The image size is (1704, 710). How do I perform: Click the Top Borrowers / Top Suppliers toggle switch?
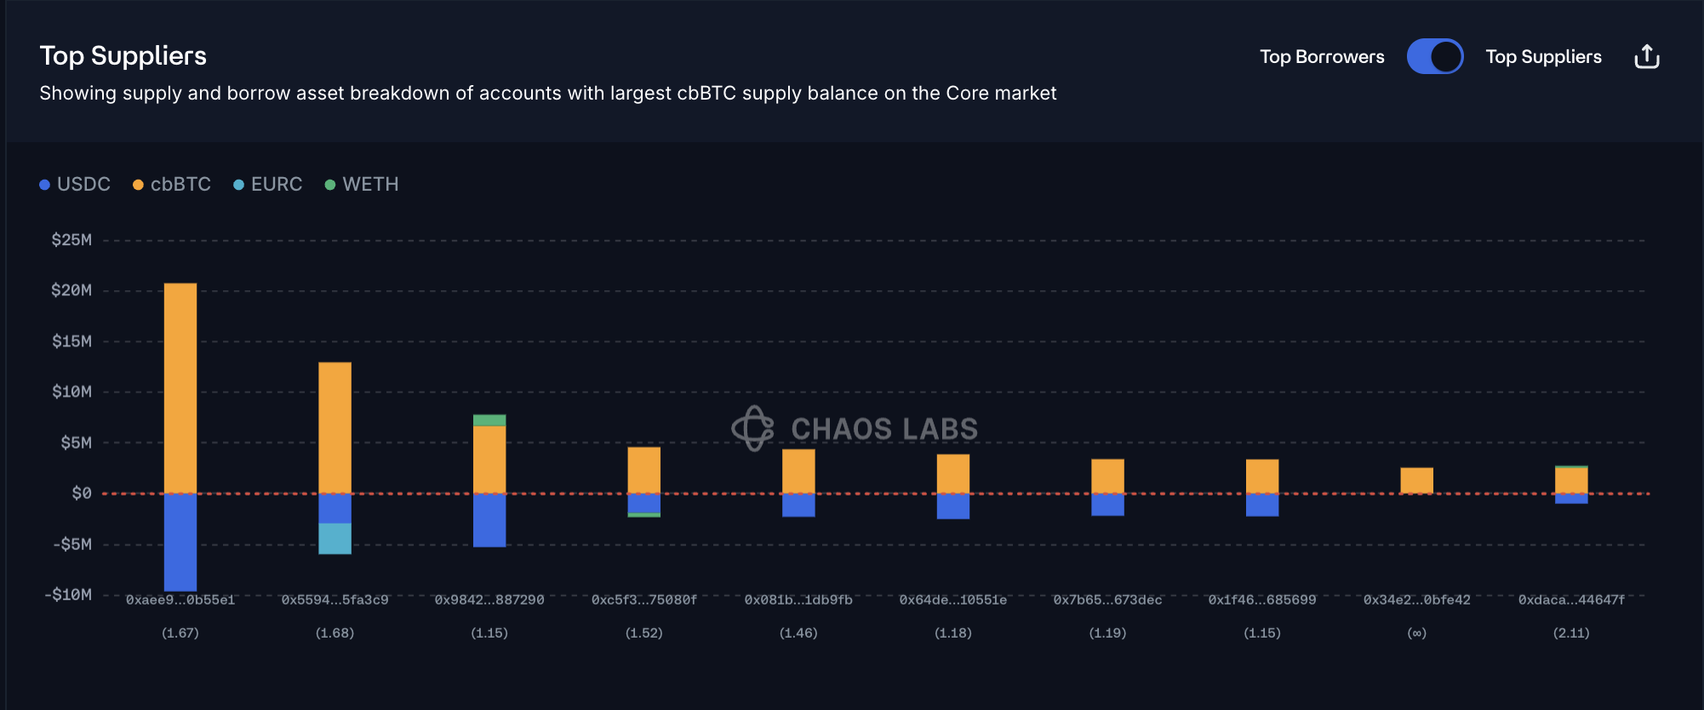coord(1434,57)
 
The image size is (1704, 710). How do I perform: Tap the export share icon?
coord(1647,57)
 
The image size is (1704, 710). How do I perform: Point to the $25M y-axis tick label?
coord(71,240)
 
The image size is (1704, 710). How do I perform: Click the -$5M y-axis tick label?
coord(71,544)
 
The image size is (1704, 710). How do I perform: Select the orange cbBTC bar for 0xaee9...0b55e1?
coord(180,388)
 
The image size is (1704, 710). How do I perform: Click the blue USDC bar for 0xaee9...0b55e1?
coord(180,542)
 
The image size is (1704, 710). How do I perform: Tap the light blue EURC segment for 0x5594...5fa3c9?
coord(335,539)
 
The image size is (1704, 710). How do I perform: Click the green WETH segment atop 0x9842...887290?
coord(489,421)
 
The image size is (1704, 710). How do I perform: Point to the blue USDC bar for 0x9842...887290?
coord(489,520)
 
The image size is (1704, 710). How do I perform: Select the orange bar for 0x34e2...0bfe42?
coord(1416,480)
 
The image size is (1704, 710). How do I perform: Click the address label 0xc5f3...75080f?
coord(644,600)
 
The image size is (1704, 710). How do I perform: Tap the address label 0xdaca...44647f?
coord(1571,600)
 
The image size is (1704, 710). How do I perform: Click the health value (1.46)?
coord(798,633)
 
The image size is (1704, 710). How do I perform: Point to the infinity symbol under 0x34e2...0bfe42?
coord(1416,633)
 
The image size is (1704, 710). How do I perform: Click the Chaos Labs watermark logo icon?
coord(753,428)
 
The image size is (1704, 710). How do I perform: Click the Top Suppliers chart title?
coord(123,56)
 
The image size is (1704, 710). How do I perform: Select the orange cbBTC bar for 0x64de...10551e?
coord(953,473)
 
